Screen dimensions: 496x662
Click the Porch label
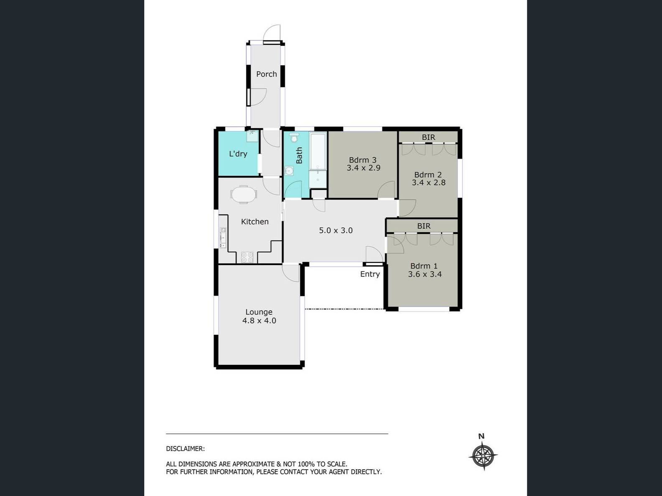[266, 74]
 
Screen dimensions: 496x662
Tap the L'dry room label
[238, 154]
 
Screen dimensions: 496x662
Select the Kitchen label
[255, 222]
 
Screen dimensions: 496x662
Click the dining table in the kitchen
[243, 194]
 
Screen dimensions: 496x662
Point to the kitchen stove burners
[247, 257]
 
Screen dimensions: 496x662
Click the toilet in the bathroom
[294, 137]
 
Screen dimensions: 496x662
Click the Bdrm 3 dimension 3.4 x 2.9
[363, 168]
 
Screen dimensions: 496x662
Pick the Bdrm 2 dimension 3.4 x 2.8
[428, 182]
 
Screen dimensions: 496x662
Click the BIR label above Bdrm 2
[428, 137]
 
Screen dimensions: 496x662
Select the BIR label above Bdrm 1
[423, 226]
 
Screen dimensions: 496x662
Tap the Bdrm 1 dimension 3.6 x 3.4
[425, 274]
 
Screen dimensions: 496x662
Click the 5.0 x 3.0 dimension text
[336, 230]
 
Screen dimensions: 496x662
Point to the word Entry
[370, 274]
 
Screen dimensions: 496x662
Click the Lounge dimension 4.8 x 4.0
[259, 321]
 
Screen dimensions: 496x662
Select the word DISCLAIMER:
[185, 449]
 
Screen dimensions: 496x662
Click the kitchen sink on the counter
[223, 237]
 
